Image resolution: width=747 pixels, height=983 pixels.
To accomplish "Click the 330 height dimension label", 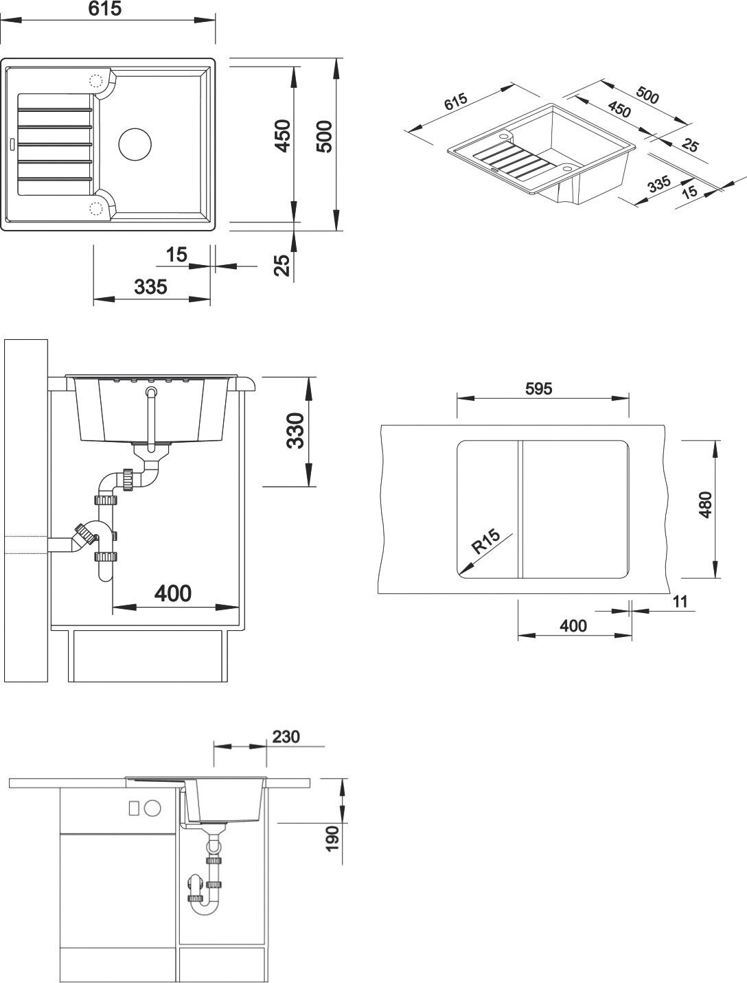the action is click(295, 430).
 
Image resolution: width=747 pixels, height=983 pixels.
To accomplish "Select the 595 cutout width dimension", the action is click(538, 389).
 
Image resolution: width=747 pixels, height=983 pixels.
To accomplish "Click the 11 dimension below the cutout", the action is click(680, 601).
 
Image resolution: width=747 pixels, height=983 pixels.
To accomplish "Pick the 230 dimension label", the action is click(286, 737).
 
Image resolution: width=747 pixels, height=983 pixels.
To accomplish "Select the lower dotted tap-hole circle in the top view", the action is click(96, 208).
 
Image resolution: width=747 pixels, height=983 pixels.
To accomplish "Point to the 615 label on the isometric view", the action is click(456, 102).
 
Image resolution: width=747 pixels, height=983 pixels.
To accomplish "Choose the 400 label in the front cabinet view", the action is click(172, 592).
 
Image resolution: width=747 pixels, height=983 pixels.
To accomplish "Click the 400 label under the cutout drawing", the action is click(573, 625).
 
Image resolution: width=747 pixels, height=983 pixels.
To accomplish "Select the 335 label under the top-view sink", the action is click(150, 286).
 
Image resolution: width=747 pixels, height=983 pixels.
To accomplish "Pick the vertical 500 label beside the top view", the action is click(324, 136).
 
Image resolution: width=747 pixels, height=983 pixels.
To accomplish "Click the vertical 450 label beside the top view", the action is click(283, 136).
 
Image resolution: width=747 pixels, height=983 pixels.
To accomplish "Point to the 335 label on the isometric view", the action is click(658, 185).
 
